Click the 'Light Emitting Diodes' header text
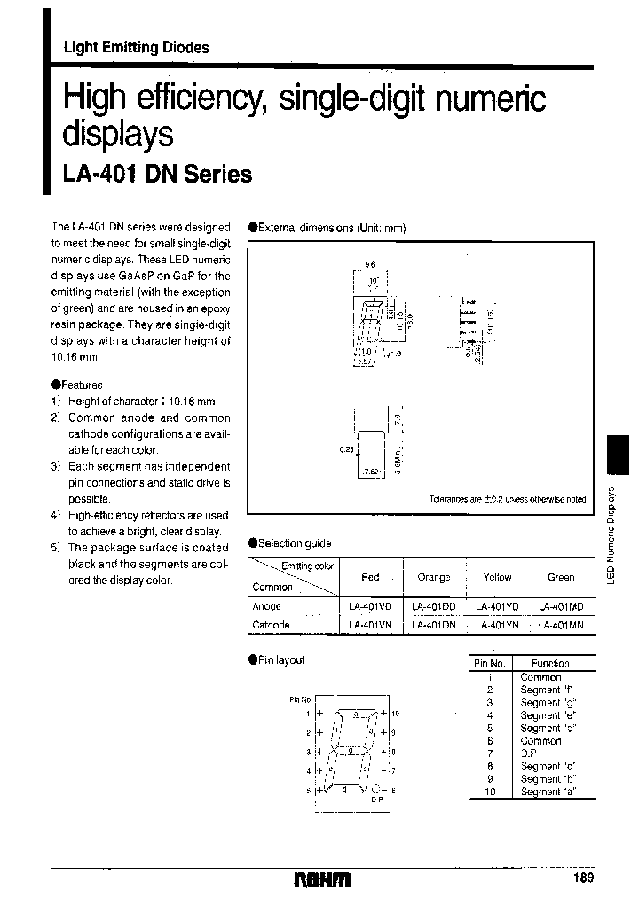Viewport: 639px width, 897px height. pos(136,48)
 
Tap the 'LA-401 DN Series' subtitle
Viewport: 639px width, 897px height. pos(157,175)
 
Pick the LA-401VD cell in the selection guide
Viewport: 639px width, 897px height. pos(371,607)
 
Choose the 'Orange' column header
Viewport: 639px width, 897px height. pos(434,577)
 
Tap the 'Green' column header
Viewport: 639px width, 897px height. pos(561,577)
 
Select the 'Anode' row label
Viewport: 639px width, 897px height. pos(267,607)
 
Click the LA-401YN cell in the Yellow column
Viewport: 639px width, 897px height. pos(498,624)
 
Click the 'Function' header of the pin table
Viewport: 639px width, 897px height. pos(550,663)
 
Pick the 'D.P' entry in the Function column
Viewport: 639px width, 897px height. pos(529,753)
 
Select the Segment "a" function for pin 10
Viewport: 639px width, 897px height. pos(541,792)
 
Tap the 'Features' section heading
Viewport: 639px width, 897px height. pos(81,385)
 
